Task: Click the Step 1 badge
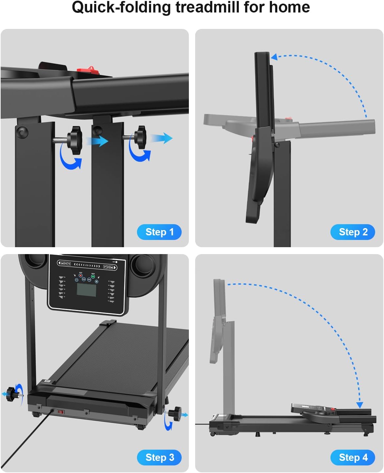(x=159, y=232)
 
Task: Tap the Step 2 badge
(x=352, y=232)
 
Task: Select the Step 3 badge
(x=159, y=458)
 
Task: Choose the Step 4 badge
(x=352, y=458)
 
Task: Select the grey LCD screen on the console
(x=86, y=289)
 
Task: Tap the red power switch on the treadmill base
(x=61, y=412)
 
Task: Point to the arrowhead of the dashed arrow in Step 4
(x=360, y=405)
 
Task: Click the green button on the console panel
(x=93, y=276)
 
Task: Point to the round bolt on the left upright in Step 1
(x=22, y=132)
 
